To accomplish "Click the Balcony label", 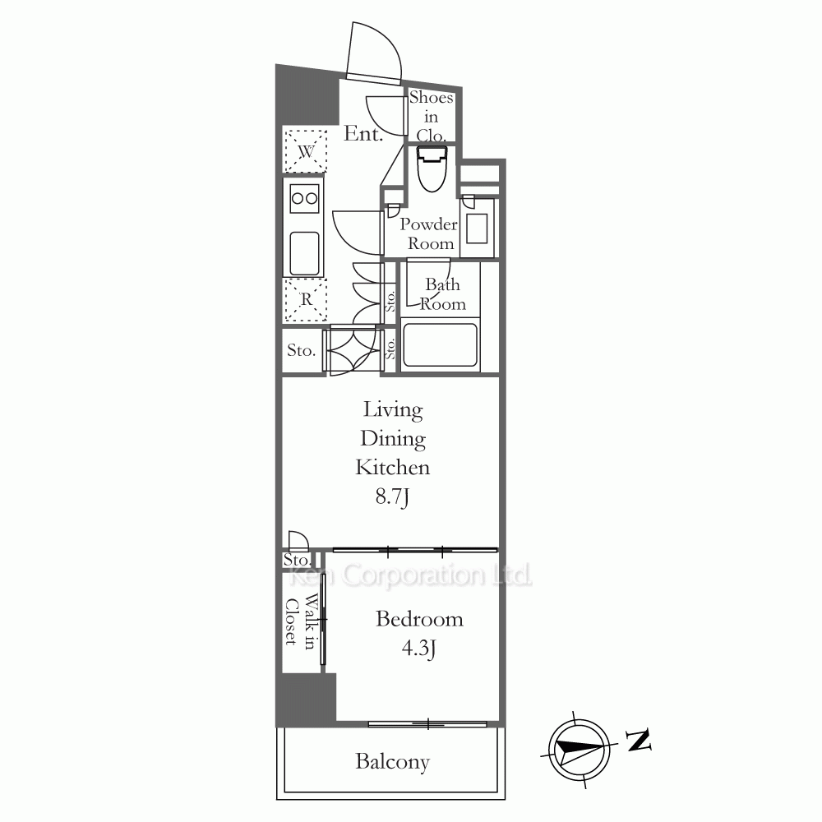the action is point(393,762).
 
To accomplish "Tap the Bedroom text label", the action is point(419,619).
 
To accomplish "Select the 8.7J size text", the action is point(392,496).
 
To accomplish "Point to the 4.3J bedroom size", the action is point(419,649).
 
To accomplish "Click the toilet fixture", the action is point(432,169).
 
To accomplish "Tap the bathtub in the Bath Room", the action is point(440,345).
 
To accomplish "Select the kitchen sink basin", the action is point(304,254).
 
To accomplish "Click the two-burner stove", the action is point(304,199).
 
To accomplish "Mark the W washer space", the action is point(305,151).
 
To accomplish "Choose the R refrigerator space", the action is point(305,300).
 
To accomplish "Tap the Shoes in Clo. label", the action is point(431,117).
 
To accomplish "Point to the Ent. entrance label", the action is point(363,134).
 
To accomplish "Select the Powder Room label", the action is point(429,233).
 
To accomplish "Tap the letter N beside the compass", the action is point(640,741).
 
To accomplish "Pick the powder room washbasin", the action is point(477,228).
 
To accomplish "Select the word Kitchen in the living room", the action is point(393,467).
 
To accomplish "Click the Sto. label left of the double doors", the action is point(301,350).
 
